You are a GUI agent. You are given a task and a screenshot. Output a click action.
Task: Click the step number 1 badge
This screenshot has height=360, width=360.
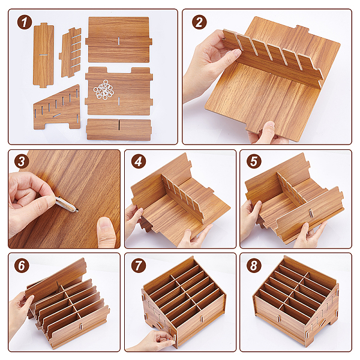click(x=25, y=22)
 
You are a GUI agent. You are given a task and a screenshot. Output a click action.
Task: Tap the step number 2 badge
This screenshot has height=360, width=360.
click(x=199, y=22)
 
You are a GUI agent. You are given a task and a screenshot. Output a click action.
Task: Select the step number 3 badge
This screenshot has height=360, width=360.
click(x=22, y=161)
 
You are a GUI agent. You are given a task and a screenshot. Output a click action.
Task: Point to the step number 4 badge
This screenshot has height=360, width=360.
click(x=139, y=161)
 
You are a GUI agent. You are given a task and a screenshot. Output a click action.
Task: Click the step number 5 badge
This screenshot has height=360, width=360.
click(x=254, y=161)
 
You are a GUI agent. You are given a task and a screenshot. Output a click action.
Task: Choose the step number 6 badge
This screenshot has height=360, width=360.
click(x=22, y=265)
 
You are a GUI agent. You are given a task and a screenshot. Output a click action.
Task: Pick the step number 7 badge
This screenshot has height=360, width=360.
click(x=139, y=265)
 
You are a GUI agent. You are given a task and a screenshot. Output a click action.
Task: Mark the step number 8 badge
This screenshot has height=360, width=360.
click(x=254, y=265)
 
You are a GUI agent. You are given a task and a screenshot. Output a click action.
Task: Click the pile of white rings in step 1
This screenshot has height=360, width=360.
click(x=104, y=90)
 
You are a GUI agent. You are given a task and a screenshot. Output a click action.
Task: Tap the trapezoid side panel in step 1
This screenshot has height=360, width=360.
click(x=57, y=109)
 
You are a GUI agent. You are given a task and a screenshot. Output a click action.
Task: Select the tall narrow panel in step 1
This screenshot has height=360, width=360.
click(x=44, y=55)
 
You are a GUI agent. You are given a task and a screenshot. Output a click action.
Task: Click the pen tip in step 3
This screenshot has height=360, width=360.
click(x=77, y=210)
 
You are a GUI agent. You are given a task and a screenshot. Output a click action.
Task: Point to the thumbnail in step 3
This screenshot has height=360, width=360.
click(x=106, y=223)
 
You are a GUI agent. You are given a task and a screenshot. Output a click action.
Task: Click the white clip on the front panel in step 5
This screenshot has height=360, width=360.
click(x=311, y=213)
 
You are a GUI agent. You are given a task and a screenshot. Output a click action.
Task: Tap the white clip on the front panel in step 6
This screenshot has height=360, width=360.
click(x=81, y=326)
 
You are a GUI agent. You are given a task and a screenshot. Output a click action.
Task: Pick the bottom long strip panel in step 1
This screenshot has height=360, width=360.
click(x=119, y=129)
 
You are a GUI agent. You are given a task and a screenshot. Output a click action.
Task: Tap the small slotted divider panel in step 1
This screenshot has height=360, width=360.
click(x=70, y=52)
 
